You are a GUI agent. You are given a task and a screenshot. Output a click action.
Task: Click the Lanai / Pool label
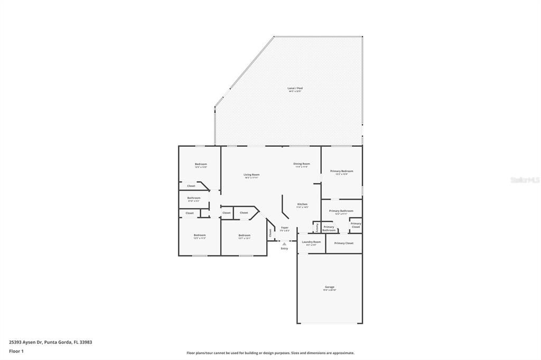(295, 88)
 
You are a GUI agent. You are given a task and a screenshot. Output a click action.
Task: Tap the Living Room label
(251, 175)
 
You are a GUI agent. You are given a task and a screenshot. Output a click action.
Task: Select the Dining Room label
(302, 164)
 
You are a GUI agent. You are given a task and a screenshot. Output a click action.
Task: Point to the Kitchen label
(302, 204)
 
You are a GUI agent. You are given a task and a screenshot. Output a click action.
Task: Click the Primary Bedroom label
(341, 171)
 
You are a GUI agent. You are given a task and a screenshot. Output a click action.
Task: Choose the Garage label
(330, 287)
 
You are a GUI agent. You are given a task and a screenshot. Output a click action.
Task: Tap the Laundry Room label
(311, 242)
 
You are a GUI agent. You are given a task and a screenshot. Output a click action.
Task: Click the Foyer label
(285, 228)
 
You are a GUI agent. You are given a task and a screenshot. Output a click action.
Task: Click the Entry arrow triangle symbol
(284, 244)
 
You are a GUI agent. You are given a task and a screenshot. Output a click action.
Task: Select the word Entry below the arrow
(284, 249)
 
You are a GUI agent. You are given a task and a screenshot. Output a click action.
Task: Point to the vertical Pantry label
(317, 227)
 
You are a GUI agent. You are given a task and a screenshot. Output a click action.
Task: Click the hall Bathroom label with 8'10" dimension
(193, 198)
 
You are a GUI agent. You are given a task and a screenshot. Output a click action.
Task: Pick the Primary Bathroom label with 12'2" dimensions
(341, 211)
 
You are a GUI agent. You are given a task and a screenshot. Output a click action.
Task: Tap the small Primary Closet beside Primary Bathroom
(356, 225)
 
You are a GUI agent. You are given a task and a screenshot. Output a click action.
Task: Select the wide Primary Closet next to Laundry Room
(343, 243)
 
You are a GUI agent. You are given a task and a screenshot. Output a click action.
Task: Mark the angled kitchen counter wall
(284, 207)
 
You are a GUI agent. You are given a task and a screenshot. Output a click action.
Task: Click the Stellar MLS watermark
(525, 180)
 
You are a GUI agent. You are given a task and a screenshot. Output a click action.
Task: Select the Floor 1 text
(16, 351)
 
